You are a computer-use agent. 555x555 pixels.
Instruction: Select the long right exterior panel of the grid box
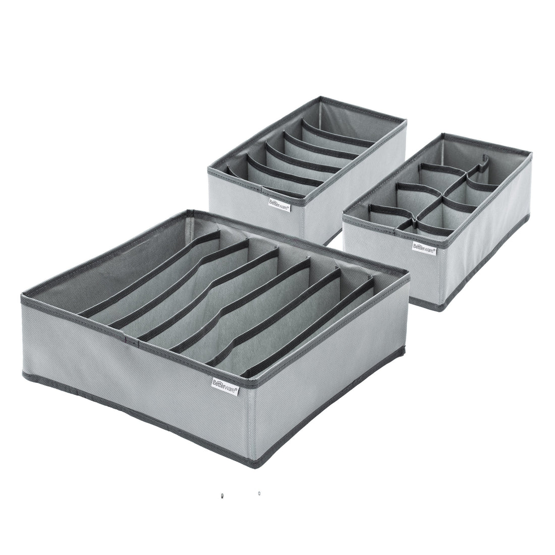[x=487, y=247]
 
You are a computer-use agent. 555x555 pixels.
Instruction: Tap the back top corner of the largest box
[x=189, y=211]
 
